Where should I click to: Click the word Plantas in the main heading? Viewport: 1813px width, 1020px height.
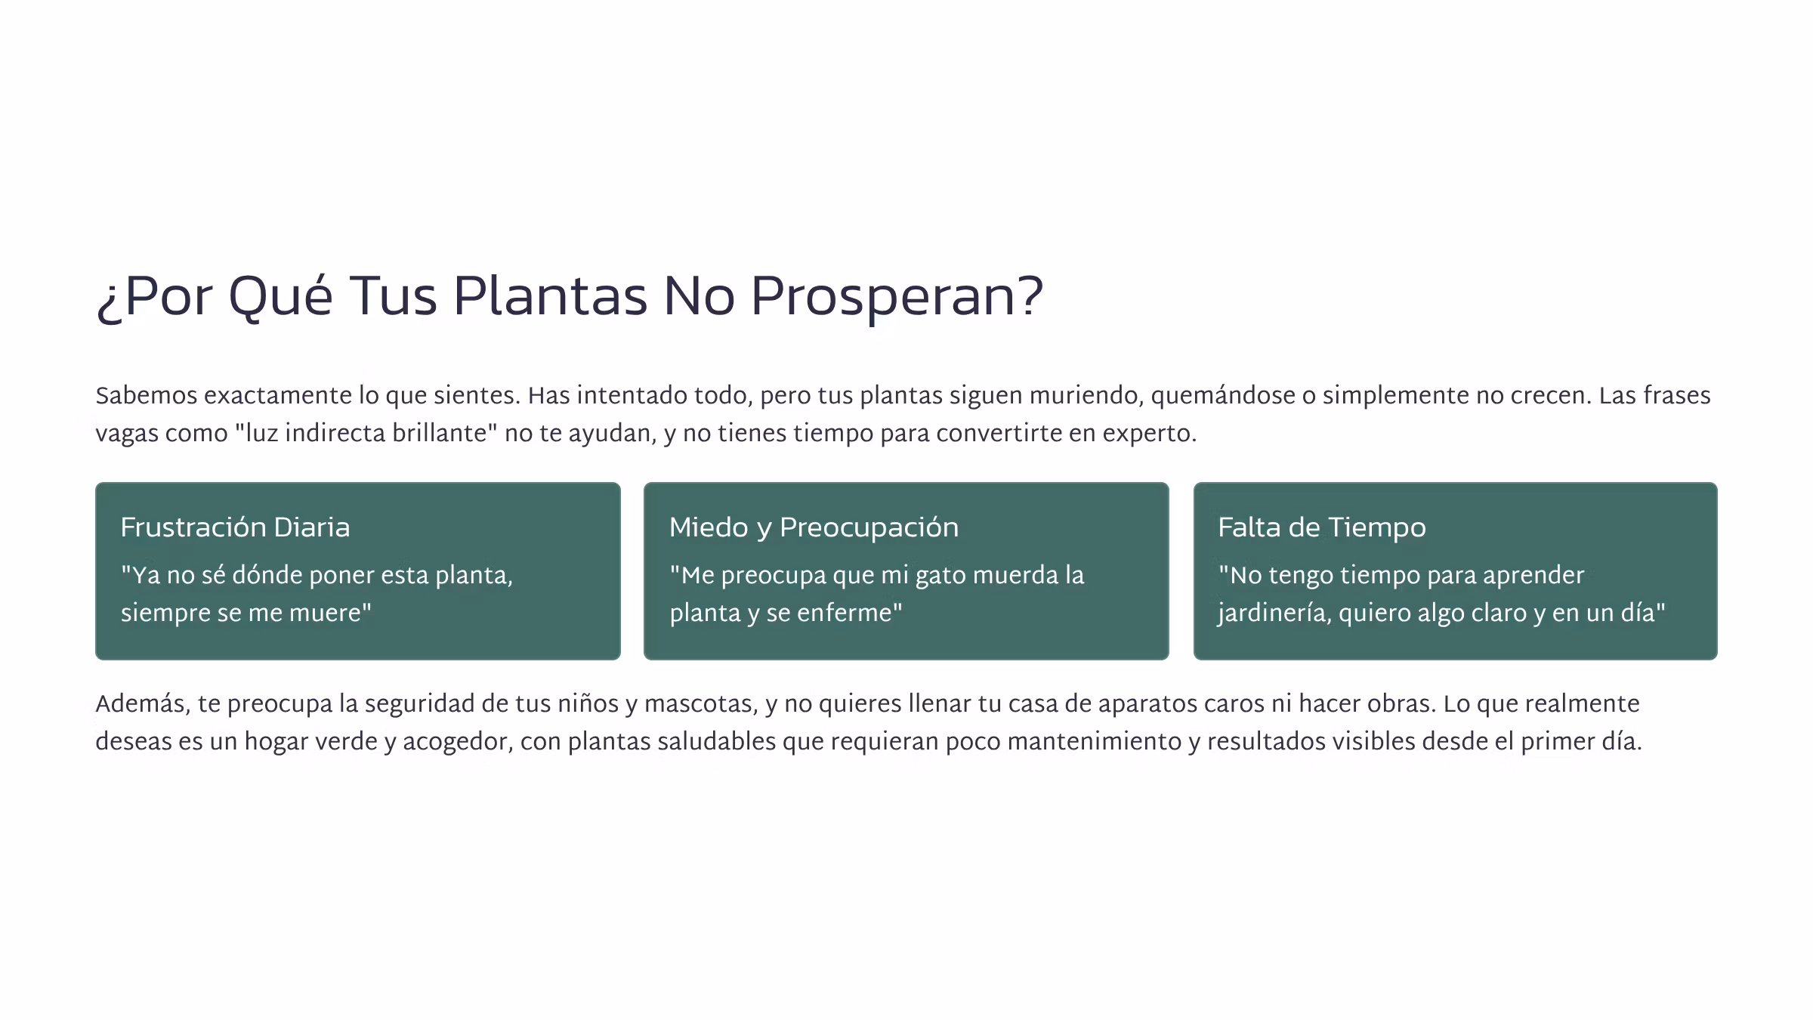[550, 296]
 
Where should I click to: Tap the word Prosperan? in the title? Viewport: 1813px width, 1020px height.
[897, 296]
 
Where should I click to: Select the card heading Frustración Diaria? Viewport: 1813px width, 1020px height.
[235, 527]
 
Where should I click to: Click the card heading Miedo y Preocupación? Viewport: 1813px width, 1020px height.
[814, 527]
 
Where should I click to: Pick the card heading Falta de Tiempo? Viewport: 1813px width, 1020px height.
[1322, 527]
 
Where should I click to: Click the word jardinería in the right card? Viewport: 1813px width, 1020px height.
[1274, 613]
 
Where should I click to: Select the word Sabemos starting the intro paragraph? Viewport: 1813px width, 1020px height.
[146, 396]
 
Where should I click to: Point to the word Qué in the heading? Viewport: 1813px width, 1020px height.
[280, 296]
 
